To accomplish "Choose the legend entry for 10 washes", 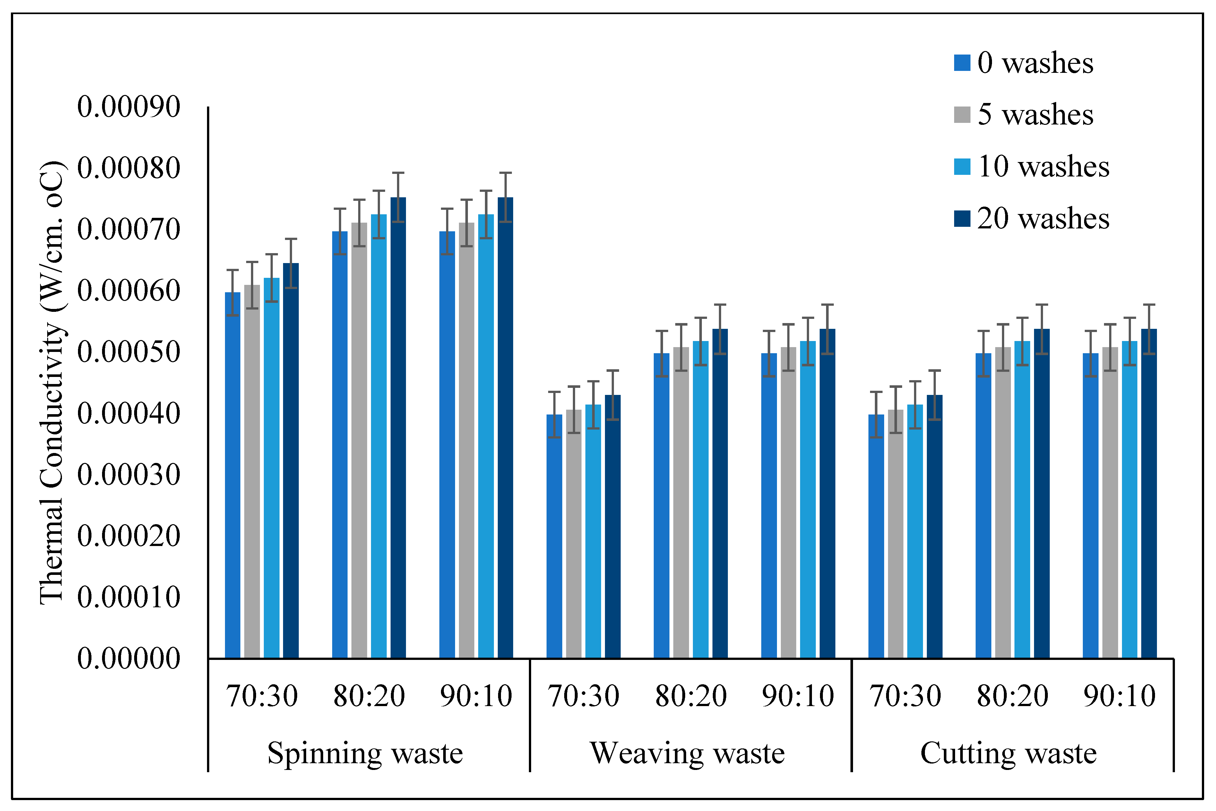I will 1043,166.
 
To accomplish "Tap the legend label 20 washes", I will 1043,218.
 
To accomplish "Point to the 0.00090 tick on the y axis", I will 129,107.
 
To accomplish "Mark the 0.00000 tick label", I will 129,658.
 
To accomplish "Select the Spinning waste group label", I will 365,753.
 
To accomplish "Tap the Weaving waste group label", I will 687,753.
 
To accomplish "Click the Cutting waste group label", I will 1008,753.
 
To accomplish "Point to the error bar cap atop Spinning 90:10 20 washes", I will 505,173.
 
